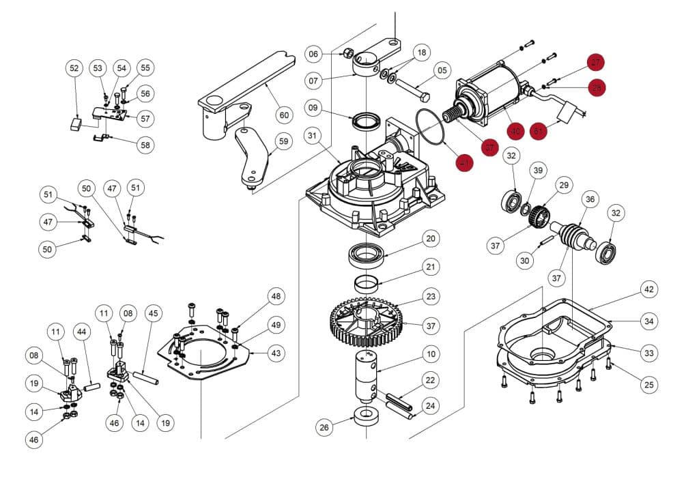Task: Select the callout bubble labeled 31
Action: click(313, 136)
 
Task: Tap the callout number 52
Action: click(75, 68)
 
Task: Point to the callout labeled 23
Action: click(430, 297)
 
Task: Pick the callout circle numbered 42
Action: click(648, 289)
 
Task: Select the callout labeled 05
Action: click(442, 70)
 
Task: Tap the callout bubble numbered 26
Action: click(324, 428)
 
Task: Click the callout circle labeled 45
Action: click(154, 313)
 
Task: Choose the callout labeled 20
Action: click(430, 238)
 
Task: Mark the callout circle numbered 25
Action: click(649, 386)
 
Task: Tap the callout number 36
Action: click(590, 199)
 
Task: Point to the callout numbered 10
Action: click(430, 354)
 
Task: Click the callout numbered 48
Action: click(276, 296)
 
